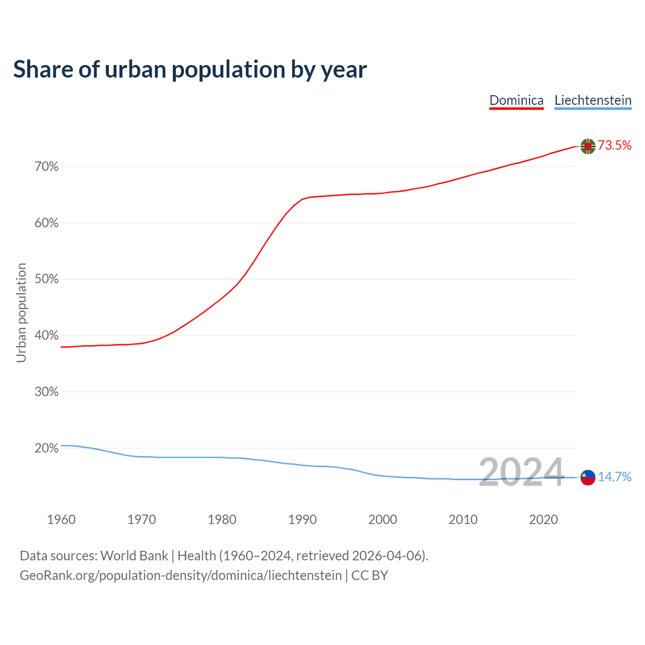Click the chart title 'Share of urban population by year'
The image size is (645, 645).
coord(190,70)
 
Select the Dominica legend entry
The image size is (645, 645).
coord(517,100)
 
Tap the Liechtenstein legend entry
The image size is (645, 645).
coord(593,100)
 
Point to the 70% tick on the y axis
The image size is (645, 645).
coord(47,167)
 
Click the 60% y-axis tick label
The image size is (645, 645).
coord(47,223)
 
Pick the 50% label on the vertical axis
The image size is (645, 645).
coord(47,280)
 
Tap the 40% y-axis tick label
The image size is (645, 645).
coord(47,336)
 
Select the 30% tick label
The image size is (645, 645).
coord(47,392)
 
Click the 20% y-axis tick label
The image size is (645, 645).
coord(47,448)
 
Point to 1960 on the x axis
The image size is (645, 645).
coord(61,520)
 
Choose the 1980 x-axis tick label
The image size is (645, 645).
coord(222,520)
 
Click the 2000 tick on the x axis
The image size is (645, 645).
coord(382,520)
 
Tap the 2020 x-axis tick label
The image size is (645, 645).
coord(543,520)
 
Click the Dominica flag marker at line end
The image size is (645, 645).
coord(588,146)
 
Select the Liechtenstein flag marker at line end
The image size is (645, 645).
coord(588,477)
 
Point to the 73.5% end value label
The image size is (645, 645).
coord(615,146)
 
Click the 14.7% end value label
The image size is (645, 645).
coord(615,477)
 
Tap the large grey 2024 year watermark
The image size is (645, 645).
coord(521,473)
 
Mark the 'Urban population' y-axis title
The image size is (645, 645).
coord(22,312)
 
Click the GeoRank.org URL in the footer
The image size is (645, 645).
coord(180,575)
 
